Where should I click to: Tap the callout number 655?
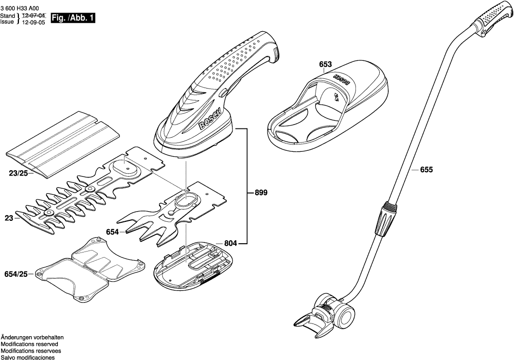(426, 170)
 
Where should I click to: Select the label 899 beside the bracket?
(261, 193)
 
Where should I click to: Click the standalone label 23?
(9, 219)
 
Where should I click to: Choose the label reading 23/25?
(18, 172)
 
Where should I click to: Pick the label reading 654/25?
(16, 274)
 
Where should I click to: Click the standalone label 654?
(112, 233)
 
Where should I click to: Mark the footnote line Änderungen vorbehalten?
(32, 337)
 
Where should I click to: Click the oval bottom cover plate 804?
(195, 265)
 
